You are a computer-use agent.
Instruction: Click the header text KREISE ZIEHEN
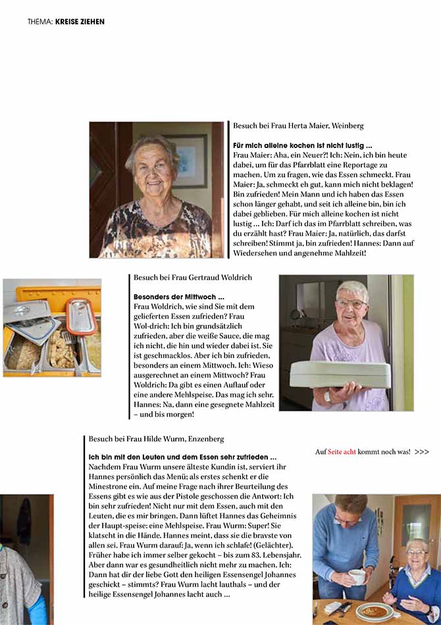(x=80, y=22)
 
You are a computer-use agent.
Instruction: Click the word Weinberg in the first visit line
(x=348, y=125)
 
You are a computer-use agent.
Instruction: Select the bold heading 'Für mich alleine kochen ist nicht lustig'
(x=303, y=145)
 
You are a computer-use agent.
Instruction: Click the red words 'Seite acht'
(x=342, y=452)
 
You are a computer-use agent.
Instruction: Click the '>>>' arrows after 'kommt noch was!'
(x=422, y=452)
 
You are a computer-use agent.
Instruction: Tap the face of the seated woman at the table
(x=417, y=553)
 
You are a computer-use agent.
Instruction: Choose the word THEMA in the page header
(x=39, y=22)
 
